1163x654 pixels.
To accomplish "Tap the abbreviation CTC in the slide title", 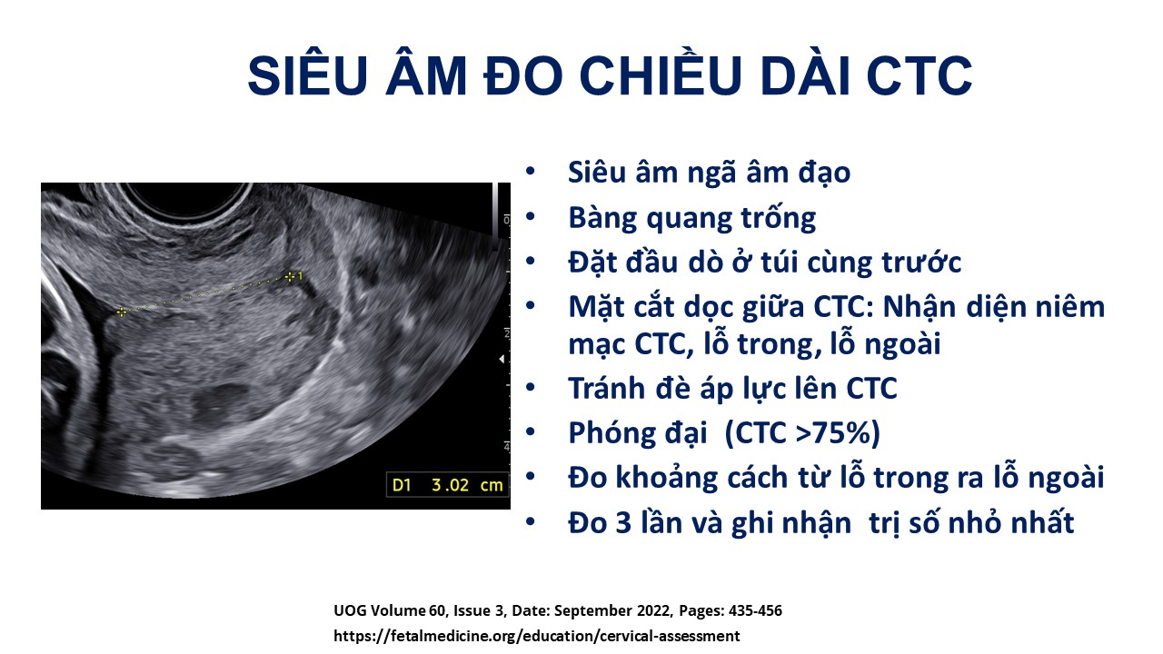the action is click(x=919, y=76).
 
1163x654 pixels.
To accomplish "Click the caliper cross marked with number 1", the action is click(x=290, y=277).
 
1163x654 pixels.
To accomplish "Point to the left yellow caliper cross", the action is click(x=122, y=312).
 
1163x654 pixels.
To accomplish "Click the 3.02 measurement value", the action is click(x=450, y=485).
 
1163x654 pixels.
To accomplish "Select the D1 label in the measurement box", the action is click(x=402, y=485).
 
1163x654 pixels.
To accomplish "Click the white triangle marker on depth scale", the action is click(x=502, y=359).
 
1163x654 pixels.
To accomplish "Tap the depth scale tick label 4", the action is click(x=506, y=446).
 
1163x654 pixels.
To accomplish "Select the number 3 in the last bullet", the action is click(x=623, y=522).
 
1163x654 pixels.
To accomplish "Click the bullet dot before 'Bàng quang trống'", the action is click(x=530, y=216).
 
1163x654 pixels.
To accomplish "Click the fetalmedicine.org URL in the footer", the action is click(x=537, y=636).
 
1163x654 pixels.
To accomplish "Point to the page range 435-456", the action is click(x=755, y=610).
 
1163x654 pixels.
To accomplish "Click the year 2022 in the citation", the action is click(x=655, y=610).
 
